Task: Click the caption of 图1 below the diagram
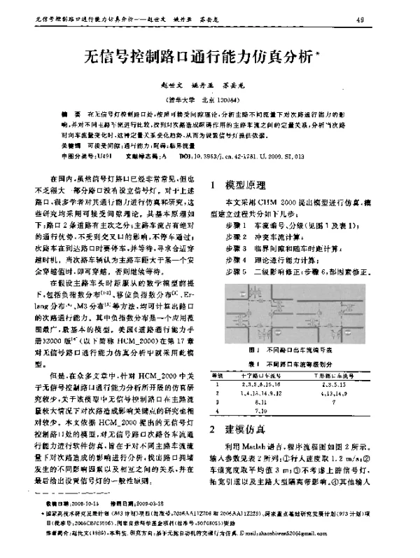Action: point(295,348)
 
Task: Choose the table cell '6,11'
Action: point(260,403)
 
